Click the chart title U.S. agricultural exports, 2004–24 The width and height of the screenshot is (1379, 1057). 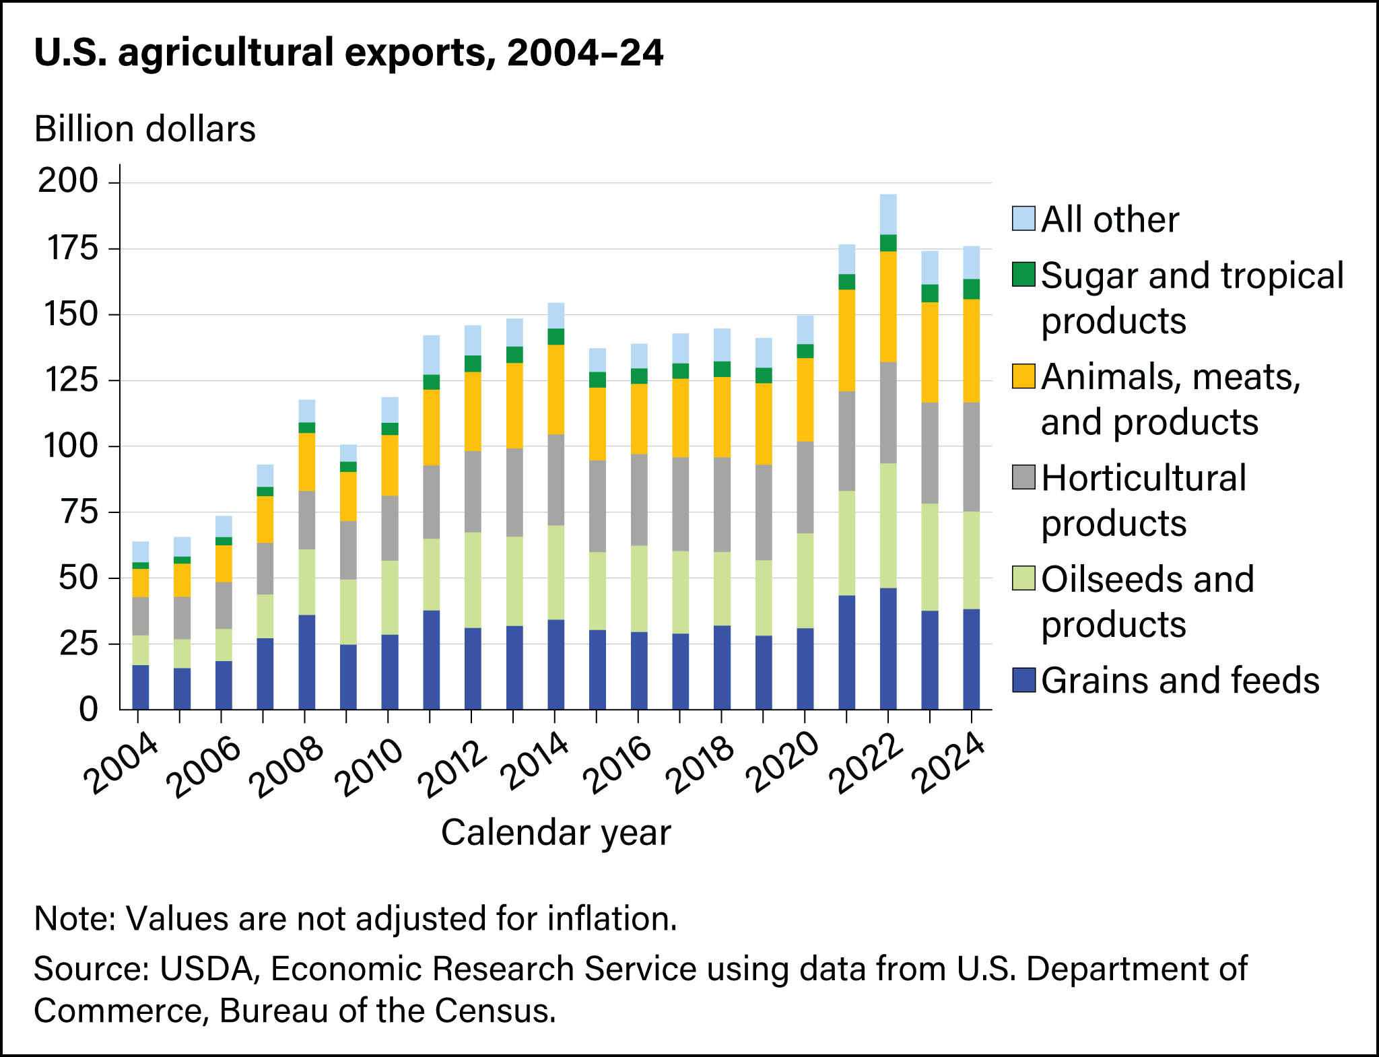348,53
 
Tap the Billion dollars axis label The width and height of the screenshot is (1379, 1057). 145,129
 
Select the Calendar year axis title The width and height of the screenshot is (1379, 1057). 556,833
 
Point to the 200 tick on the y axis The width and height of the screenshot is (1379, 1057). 67,182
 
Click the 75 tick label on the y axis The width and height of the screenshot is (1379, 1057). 77,512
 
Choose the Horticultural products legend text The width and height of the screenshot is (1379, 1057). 1143,500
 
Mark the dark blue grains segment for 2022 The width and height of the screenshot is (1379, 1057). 888,648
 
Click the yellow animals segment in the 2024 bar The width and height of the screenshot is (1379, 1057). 971,350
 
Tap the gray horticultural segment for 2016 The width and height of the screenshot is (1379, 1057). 639,500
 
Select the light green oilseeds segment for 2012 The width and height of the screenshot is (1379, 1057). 473,580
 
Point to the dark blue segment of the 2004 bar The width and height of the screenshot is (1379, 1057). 140,687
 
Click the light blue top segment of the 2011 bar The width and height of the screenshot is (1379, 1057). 431,355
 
